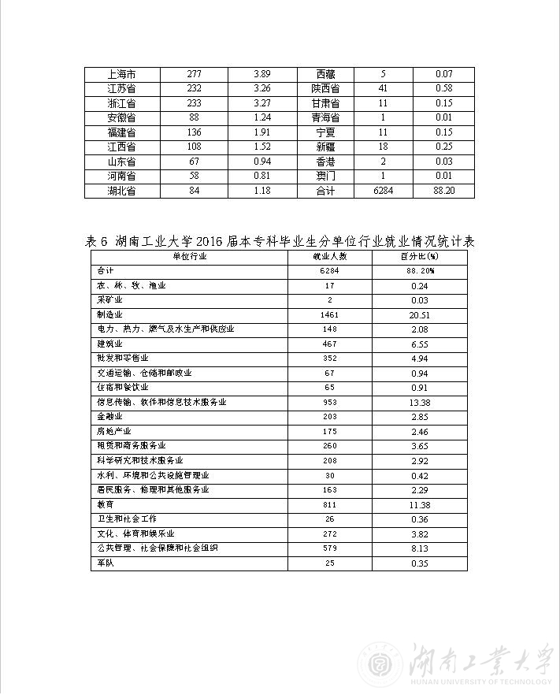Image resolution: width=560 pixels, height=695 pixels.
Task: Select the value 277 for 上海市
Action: pos(195,74)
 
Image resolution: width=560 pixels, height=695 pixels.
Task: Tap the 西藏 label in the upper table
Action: pos(325,74)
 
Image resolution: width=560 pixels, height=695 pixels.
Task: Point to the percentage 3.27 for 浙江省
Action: pos(262,103)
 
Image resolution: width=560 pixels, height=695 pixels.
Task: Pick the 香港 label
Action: pos(325,162)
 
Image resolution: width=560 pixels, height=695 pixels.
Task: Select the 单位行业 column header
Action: pos(190,256)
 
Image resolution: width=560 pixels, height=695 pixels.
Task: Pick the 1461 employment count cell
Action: pos(329,314)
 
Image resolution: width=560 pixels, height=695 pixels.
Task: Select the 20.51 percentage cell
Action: pos(419,314)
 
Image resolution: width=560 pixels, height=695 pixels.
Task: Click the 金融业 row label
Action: pos(109,417)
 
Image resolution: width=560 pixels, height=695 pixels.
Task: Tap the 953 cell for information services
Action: pos(329,402)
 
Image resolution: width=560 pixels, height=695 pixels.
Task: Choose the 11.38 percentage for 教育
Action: pos(419,504)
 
